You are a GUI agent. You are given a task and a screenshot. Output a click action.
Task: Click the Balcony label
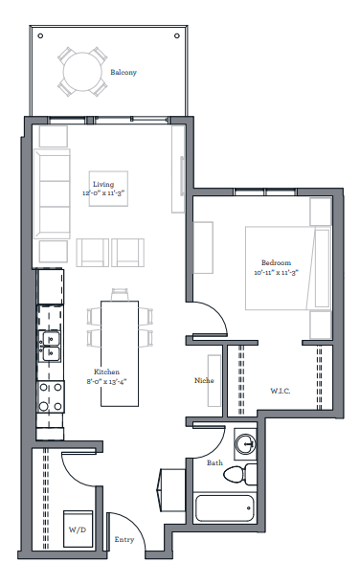coord(124,73)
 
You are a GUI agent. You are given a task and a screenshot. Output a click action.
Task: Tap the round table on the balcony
coord(82,72)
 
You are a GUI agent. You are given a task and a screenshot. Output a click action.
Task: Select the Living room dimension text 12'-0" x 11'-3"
coord(103,193)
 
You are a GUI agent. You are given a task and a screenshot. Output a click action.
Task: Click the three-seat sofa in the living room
coord(52,193)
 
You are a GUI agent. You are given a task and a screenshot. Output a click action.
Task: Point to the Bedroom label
coord(276,262)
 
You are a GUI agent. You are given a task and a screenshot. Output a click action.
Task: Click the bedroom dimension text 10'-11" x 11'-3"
coord(277,272)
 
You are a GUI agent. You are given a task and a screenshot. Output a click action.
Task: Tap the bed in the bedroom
coord(288,268)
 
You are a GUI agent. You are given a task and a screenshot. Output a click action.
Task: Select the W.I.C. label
coord(281,391)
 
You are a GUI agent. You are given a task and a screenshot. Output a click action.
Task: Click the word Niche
coord(204,380)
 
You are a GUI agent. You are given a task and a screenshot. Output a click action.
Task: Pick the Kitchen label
coord(106,371)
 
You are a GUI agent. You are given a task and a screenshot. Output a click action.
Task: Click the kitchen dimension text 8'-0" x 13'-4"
coord(106,381)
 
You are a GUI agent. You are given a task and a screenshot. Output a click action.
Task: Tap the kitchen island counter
coord(120,353)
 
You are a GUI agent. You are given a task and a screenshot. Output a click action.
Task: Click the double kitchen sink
coord(51,347)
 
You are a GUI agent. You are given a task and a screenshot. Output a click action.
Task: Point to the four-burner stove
coord(51,396)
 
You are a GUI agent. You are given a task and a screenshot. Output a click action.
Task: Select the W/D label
coord(78,529)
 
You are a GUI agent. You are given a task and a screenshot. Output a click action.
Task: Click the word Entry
coord(124,539)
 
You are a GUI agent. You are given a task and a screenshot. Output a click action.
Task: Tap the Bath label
coord(214,462)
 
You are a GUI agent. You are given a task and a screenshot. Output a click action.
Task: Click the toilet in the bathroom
coord(240,475)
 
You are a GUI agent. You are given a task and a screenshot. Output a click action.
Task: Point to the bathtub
coord(225,508)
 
